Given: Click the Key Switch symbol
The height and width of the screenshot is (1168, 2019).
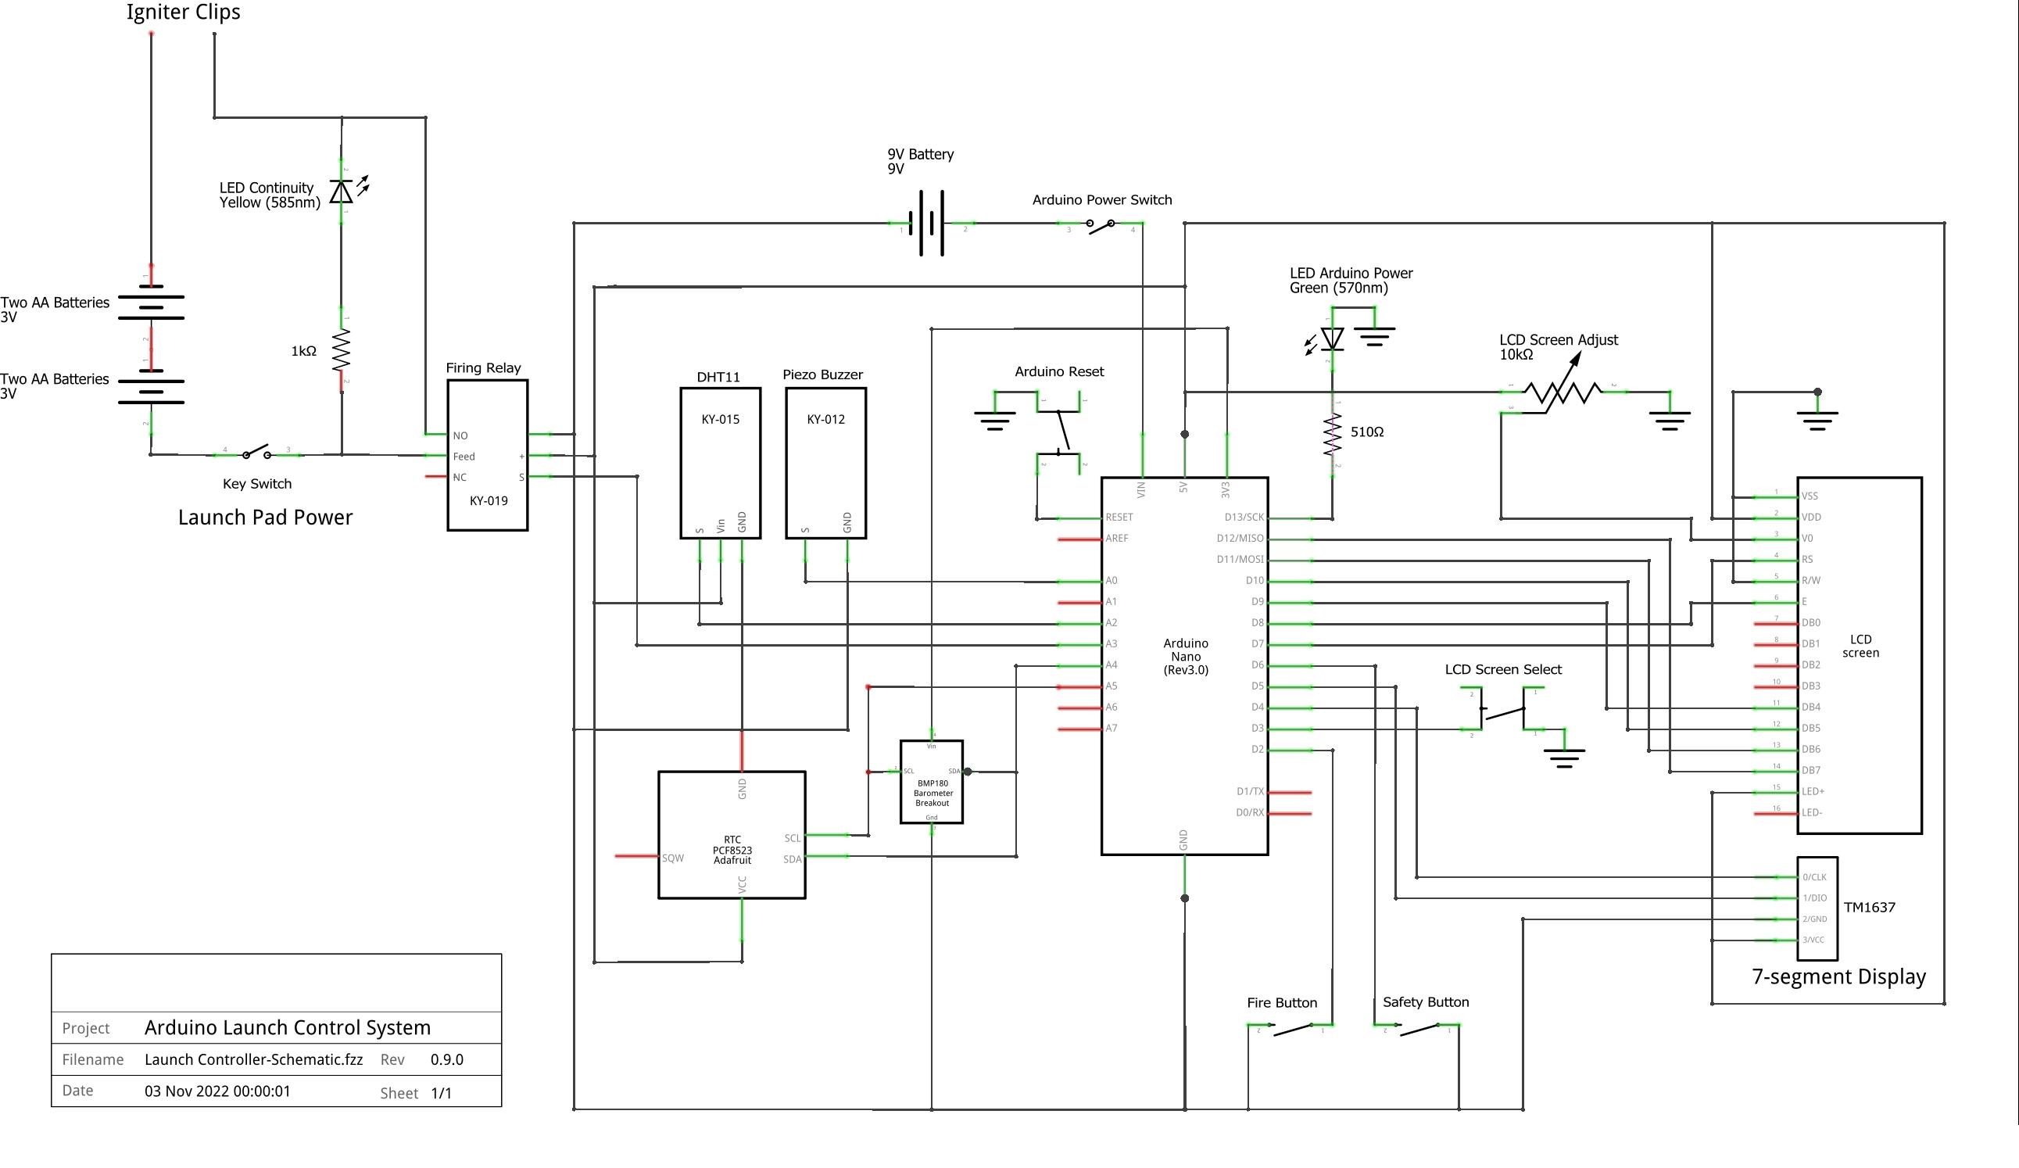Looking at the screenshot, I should coord(256,453).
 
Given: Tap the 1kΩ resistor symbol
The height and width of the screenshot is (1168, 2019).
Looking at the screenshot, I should coord(342,349).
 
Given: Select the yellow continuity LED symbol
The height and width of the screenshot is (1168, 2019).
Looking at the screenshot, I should coord(342,192).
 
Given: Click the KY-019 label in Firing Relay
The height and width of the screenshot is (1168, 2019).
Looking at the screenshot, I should coord(488,500).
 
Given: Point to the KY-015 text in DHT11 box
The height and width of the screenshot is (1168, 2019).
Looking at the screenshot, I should coord(719,419).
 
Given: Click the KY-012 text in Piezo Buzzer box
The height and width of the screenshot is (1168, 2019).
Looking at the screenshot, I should coord(825,419).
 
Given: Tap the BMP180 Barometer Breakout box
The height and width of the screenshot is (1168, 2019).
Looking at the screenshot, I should coord(931,782).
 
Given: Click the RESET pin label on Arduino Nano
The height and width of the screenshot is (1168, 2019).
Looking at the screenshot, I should coord(1119,517).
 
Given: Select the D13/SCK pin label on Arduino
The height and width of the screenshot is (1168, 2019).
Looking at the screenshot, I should coord(1244,517).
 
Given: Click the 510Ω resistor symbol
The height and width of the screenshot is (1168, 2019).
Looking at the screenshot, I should coord(1332,433).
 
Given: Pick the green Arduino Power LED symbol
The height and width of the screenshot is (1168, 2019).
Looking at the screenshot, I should coord(1332,339).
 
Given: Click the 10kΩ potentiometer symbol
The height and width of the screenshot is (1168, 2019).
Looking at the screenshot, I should coord(1562,392).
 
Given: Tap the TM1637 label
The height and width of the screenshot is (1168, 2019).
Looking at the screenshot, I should coord(1869,907).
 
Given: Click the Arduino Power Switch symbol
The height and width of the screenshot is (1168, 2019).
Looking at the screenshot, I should coord(1100,227).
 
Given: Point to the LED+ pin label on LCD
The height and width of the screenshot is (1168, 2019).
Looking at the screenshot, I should coord(1813,791).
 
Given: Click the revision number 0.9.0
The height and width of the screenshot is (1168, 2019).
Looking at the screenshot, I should coord(446,1059).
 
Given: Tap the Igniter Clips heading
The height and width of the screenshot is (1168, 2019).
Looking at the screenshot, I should coord(184,12).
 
